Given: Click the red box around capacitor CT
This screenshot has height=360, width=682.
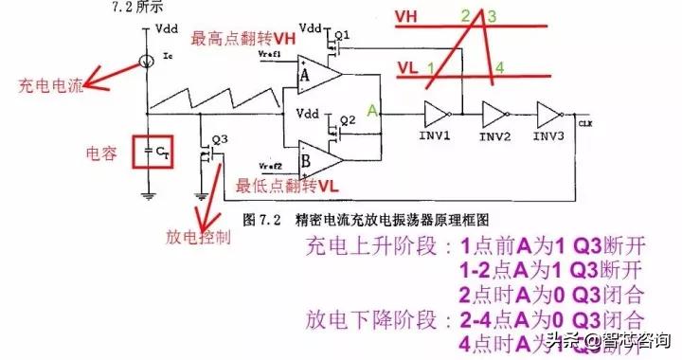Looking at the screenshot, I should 151,149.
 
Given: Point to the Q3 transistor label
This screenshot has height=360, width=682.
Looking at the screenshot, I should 220,138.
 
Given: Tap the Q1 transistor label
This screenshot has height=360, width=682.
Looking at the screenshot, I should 343,33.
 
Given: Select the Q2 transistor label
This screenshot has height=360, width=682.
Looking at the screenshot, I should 348,119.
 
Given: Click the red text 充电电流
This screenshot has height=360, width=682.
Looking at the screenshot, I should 50,86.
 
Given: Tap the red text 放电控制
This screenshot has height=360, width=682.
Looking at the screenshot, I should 198,234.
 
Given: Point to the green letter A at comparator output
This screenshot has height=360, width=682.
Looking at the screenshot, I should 373,111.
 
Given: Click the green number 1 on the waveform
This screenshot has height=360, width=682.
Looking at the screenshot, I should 431,68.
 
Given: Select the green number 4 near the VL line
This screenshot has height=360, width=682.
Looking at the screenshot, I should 500,66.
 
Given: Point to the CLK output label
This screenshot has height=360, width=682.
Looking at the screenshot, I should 584,122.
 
